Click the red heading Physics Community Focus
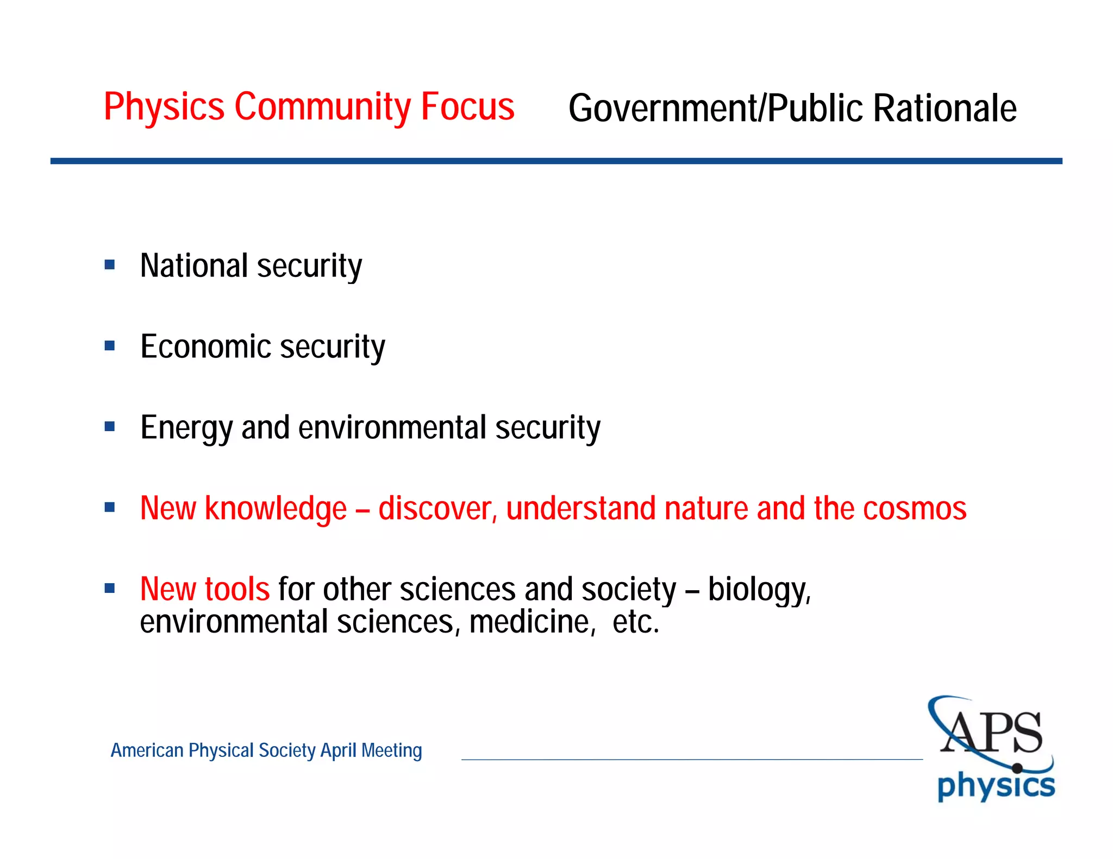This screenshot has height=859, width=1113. [x=309, y=106]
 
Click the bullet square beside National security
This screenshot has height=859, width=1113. [x=110, y=265]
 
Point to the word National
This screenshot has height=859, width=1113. [x=194, y=266]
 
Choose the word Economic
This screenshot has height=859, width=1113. [x=206, y=346]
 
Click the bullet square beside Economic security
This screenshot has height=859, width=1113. [x=110, y=346]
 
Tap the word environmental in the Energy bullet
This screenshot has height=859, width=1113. [x=392, y=427]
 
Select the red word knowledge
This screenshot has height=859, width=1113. [x=276, y=509]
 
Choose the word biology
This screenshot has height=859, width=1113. [x=759, y=590]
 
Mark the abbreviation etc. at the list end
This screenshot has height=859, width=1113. [x=635, y=622]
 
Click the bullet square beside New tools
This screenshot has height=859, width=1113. [x=110, y=589]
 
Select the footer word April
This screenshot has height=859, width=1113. [x=339, y=750]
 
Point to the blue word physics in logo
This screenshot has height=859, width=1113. [x=996, y=787]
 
